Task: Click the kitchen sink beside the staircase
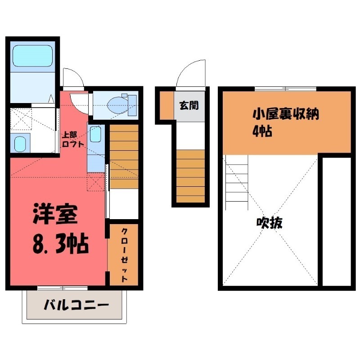95,135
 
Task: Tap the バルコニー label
76,306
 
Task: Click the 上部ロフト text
73,140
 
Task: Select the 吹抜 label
269,223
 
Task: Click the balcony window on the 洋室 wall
56,287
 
